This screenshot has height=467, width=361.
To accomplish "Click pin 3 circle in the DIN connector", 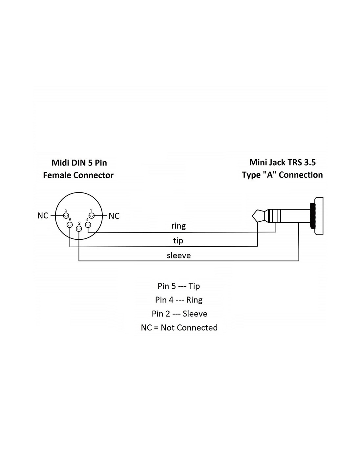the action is click(x=66, y=215).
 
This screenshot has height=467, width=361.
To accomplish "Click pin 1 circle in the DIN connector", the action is click(x=92, y=215).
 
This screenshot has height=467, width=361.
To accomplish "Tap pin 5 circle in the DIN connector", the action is click(x=70, y=225).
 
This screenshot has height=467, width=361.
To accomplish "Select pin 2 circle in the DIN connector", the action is click(x=79, y=229).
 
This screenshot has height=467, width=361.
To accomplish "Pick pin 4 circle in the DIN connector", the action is click(x=88, y=225).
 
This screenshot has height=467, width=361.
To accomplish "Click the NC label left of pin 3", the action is click(x=43, y=215).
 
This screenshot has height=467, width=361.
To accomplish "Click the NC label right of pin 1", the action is click(x=114, y=216).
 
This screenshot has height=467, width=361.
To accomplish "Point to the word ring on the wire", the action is click(x=179, y=226).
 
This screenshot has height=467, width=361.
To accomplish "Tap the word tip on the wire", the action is click(x=178, y=241).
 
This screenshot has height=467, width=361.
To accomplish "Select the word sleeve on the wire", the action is click(x=179, y=255).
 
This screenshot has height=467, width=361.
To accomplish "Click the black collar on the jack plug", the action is click(x=312, y=215).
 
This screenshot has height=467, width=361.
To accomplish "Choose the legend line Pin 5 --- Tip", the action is click(x=179, y=286).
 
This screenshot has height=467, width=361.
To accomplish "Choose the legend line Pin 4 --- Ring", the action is click(x=179, y=300).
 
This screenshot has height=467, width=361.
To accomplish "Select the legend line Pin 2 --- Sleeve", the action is click(x=180, y=314).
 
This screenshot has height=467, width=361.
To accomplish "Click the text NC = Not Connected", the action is click(x=179, y=327).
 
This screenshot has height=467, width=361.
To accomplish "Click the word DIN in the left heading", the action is click(x=79, y=163).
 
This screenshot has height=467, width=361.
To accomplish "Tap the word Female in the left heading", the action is click(x=57, y=175).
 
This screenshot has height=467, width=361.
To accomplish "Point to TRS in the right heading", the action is click(x=295, y=162).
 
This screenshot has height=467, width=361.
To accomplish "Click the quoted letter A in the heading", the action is click(x=269, y=175).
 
